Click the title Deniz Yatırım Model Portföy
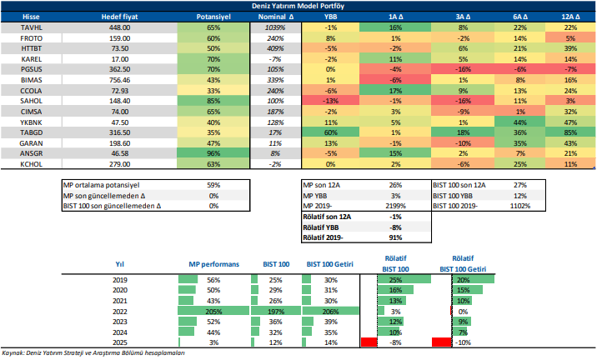click(298, 6)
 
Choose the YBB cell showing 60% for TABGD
click(330, 132)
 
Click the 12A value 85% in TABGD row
click(570, 132)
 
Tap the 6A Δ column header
click(520, 17)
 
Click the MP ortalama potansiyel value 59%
click(213, 185)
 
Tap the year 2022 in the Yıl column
click(118, 310)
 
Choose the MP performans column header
click(213, 263)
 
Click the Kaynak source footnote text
click(92, 353)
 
